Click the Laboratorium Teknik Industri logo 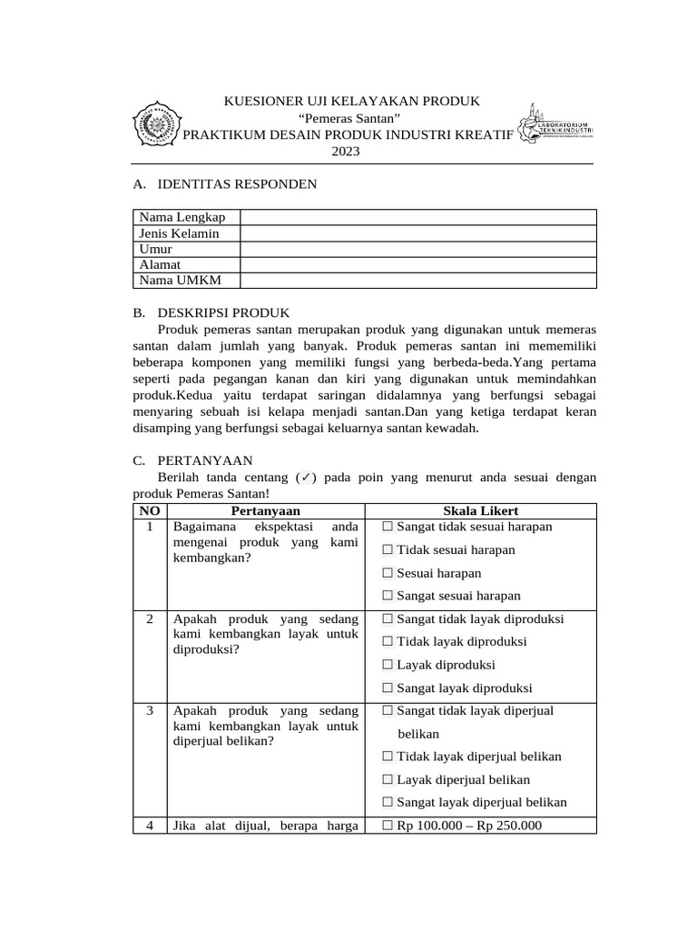pos(555,124)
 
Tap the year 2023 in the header pos(345,152)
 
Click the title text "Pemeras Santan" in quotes pos(347,118)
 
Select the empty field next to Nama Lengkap pos(417,217)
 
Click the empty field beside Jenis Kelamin pos(417,233)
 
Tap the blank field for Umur pos(417,249)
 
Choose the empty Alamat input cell pos(417,264)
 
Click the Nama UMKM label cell pos(186,281)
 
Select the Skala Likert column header pos(481,511)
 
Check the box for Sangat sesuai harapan pos(388,596)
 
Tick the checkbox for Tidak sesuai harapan pos(388,549)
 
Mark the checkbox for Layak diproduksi pos(388,665)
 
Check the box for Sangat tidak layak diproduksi pos(388,618)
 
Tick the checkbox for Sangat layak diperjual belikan pos(388,802)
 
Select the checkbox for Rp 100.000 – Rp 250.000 pos(388,826)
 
